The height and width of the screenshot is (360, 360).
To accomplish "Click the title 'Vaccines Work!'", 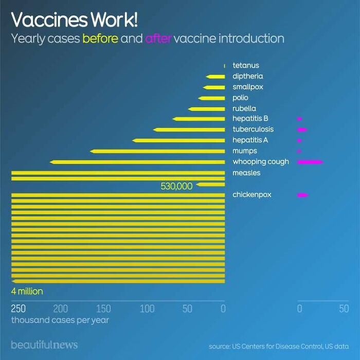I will point(74,20).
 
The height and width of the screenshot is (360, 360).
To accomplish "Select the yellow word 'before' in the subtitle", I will point(100,39).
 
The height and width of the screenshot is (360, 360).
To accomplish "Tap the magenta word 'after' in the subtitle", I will point(158,39).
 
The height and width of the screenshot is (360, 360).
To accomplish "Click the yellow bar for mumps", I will point(157,151).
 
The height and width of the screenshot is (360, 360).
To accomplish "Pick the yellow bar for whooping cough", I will point(137,162).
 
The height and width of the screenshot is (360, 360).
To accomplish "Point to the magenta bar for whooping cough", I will point(310,162).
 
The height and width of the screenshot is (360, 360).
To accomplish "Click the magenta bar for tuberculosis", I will point(302,130).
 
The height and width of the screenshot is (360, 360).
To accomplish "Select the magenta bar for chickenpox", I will point(303,195).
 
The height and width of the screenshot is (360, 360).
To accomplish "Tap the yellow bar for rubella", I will point(207,109).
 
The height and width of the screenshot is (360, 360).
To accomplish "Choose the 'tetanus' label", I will point(246,65).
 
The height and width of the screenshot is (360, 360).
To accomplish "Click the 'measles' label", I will point(246,173).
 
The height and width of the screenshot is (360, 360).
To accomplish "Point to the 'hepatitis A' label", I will point(250,140).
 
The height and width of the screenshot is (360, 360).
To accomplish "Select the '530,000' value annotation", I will point(176,186).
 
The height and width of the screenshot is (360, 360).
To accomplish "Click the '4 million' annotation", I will point(27,292).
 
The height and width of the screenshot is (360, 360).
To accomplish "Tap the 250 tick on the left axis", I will point(18,309).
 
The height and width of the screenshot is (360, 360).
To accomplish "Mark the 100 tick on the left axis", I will point(147,309).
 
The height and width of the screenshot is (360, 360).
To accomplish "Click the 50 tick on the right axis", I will point(344,309).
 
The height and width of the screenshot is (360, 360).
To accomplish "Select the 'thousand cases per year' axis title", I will point(60,320).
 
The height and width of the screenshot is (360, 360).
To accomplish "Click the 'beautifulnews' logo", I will point(44,344).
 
